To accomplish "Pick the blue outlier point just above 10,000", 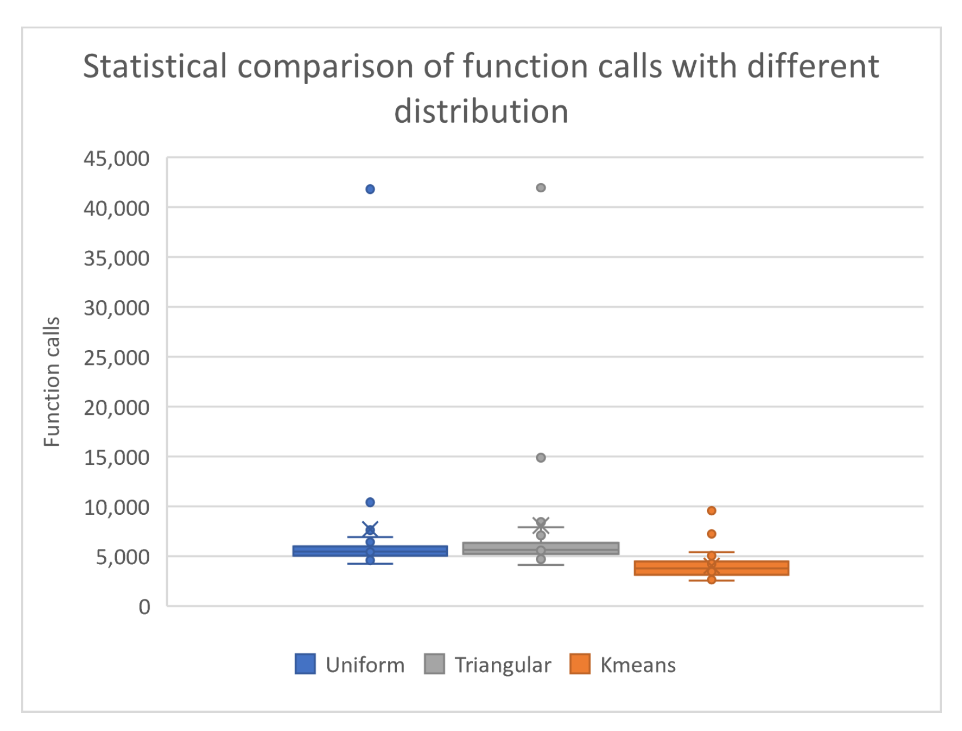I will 370,502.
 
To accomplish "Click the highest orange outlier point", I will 711,511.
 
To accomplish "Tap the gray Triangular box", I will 494,548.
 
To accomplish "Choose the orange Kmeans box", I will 669,568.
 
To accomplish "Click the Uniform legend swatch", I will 305,664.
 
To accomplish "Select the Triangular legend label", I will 503,665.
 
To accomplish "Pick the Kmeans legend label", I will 637,665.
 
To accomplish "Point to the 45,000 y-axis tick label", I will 116,159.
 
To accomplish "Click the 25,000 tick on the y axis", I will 116,358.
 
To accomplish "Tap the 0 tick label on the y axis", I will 144,607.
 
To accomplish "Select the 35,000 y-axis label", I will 116,259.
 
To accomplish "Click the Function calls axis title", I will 52,381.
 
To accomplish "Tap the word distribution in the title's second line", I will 481,112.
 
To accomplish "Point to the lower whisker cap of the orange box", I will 711,581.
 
